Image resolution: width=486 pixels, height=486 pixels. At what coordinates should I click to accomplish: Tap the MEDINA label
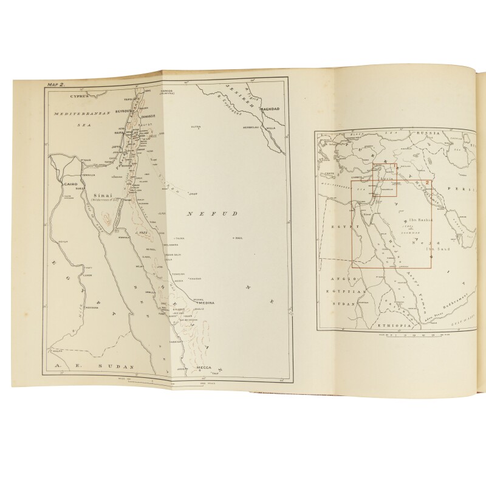(x=202, y=305)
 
